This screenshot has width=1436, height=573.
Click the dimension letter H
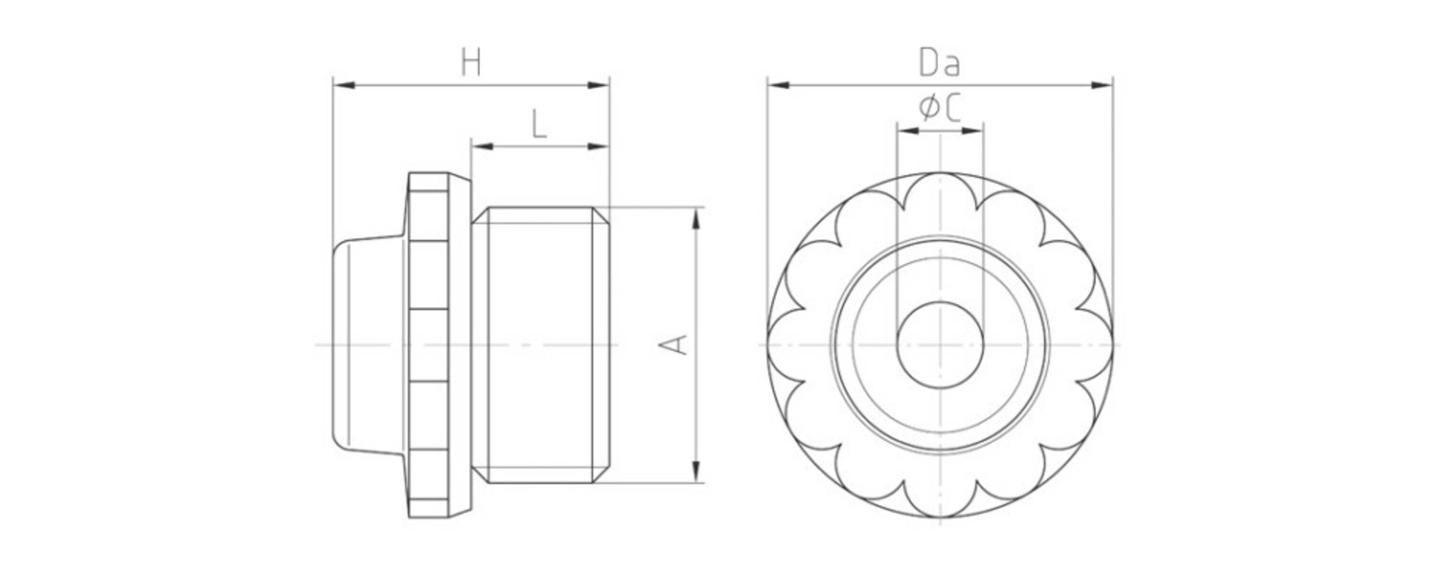pos(471,63)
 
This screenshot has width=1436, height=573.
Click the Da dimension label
pos(940,63)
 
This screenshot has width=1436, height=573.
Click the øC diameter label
pos(940,108)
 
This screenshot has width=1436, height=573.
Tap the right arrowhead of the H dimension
pos(598,85)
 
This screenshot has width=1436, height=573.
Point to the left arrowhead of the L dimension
pos(482,147)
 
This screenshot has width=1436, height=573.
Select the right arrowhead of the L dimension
pos(598,147)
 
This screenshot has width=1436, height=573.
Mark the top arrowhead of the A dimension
pos(695,219)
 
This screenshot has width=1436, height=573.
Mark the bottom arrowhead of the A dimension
pos(695,472)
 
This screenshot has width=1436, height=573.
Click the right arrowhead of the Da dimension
pos(1102,85)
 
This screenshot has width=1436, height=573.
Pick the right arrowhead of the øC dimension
pos(972,131)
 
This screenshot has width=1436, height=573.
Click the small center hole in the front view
pos(940,346)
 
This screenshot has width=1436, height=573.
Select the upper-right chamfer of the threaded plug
pos(601,215)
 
